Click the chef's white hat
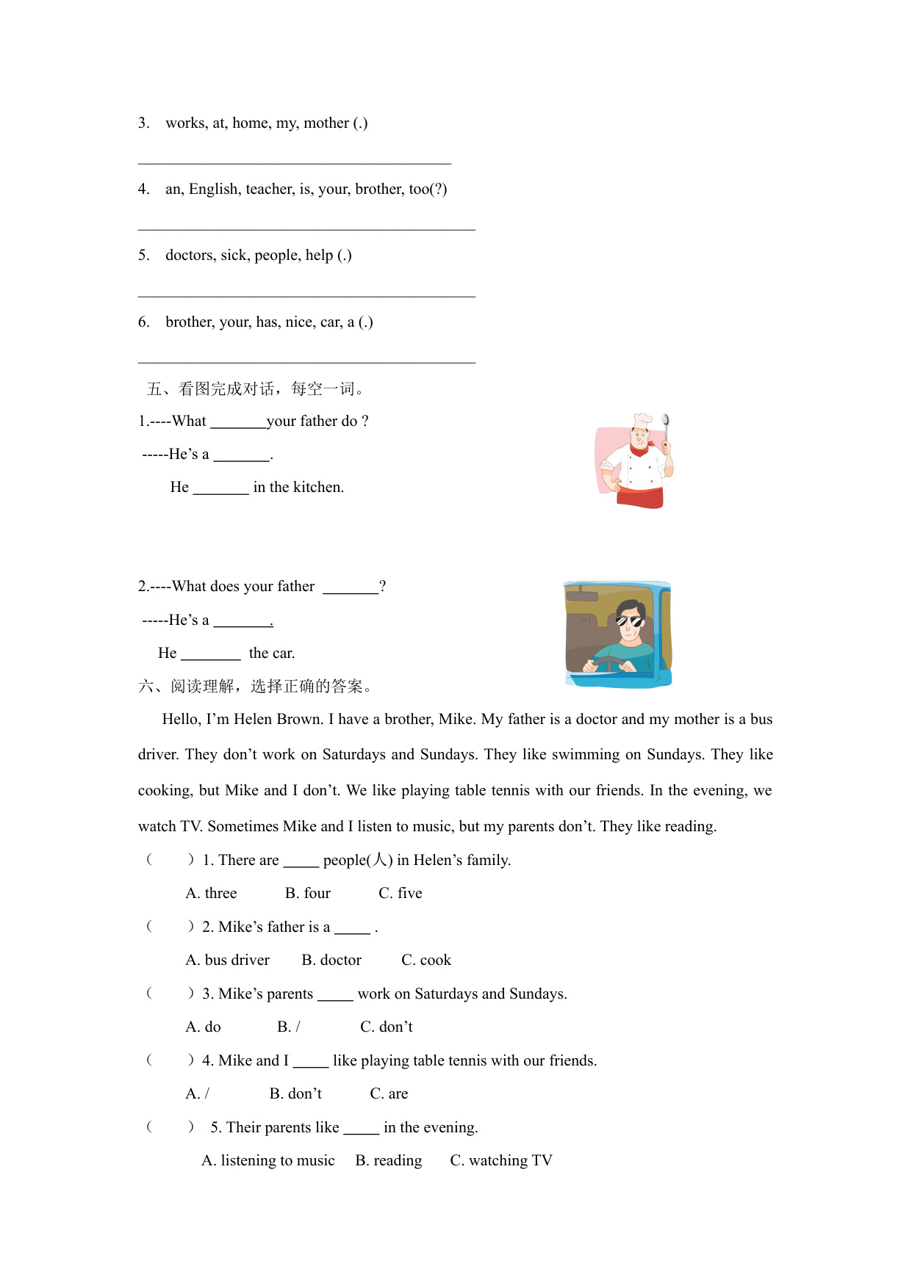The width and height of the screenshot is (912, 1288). click(643, 420)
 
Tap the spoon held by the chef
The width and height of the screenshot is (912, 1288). click(665, 424)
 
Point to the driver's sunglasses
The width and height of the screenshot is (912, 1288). click(629, 621)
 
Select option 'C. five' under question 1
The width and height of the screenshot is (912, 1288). click(401, 893)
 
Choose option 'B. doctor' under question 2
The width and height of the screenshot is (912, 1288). click(331, 960)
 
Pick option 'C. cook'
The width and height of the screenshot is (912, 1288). click(426, 960)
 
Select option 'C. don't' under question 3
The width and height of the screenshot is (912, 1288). click(387, 1027)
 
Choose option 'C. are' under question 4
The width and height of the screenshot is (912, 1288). click(389, 1093)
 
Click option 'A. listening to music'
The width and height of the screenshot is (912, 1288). click(268, 1160)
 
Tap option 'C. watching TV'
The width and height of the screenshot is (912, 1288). click(501, 1160)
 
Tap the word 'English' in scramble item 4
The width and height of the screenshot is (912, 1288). click(214, 189)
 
